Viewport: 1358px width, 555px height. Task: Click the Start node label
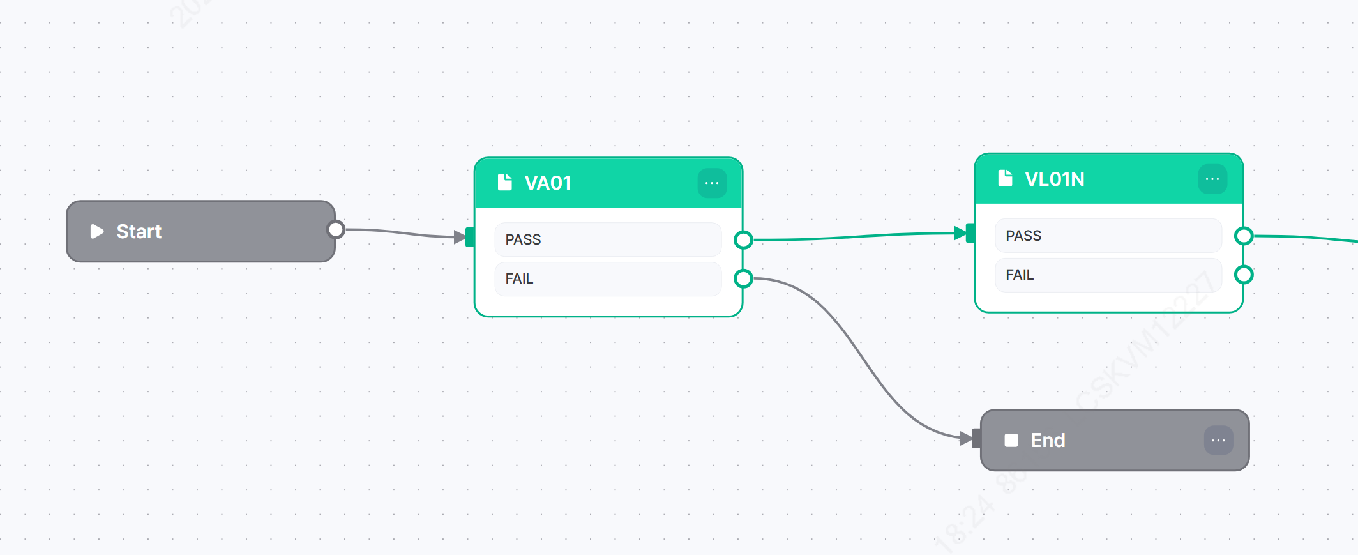[139, 231]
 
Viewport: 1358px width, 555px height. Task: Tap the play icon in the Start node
[97, 231]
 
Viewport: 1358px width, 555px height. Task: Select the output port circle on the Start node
[336, 229]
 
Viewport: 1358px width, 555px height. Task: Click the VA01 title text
[548, 183]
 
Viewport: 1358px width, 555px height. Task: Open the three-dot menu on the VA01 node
[712, 183]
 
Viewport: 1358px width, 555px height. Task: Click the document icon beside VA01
[505, 183]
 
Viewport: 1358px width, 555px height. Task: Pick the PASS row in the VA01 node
[607, 239]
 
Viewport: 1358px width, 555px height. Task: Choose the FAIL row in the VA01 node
[607, 279]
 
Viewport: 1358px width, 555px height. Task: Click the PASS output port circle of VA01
[743, 240]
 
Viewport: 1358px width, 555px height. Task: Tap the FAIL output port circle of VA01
[743, 278]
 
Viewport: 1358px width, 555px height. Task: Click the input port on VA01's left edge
[471, 237]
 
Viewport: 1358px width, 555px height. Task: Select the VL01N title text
[1054, 179]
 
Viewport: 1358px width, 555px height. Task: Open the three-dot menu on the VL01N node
[1212, 179]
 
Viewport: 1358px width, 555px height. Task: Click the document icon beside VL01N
[1006, 178]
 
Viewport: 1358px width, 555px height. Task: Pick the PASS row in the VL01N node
[1108, 236]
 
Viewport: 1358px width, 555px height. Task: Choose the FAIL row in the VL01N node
[1108, 275]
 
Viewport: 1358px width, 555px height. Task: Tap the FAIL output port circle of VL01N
[1244, 275]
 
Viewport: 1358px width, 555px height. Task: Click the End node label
[1048, 441]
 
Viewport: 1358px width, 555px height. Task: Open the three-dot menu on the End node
[1218, 441]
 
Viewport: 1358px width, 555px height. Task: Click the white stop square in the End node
[1011, 441]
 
